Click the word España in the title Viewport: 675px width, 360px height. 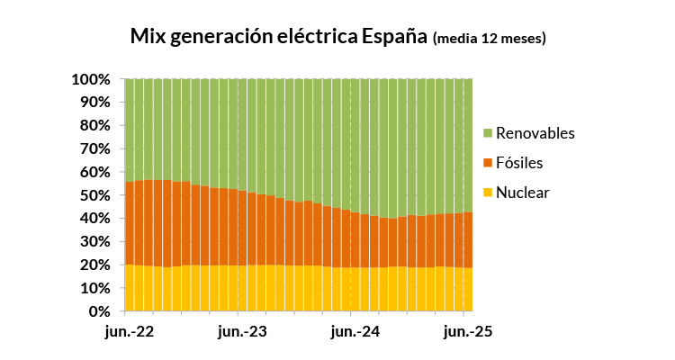(393, 37)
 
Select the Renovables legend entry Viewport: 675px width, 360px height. (535, 133)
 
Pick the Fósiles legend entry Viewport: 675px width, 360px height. (519, 163)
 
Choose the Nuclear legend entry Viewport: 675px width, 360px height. (522, 193)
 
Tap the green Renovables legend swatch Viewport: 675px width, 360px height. (488, 133)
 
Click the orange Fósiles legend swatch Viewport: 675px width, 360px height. (488, 163)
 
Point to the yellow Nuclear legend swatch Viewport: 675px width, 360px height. (488, 193)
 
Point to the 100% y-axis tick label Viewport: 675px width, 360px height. (91, 79)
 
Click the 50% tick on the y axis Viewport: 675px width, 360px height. (94, 195)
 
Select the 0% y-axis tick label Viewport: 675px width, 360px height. (99, 312)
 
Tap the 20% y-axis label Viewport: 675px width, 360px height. (94, 265)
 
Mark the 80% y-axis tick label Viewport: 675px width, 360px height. (94, 126)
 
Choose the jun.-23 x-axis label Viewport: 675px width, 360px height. (243, 332)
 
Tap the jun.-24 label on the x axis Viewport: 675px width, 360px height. (355, 332)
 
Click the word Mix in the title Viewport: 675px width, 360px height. (146, 37)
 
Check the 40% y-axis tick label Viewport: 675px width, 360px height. (94, 219)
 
